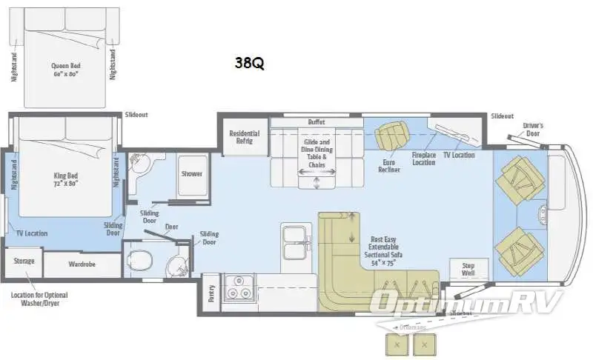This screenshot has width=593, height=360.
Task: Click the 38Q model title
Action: (x=249, y=63)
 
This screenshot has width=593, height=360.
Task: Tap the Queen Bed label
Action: (x=66, y=69)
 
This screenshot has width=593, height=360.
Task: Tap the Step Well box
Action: (x=468, y=269)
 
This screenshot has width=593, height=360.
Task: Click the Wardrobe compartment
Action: (x=82, y=264)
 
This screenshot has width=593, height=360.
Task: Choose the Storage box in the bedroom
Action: (x=24, y=261)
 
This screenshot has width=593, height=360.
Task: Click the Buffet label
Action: (x=317, y=121)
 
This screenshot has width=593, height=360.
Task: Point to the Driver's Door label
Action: (x=533, y=130)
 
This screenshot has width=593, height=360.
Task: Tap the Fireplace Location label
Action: (x=424, y=159)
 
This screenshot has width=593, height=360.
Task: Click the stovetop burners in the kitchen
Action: (x=240, y=289)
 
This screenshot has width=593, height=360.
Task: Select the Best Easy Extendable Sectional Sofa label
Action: (x=388, y=251)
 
